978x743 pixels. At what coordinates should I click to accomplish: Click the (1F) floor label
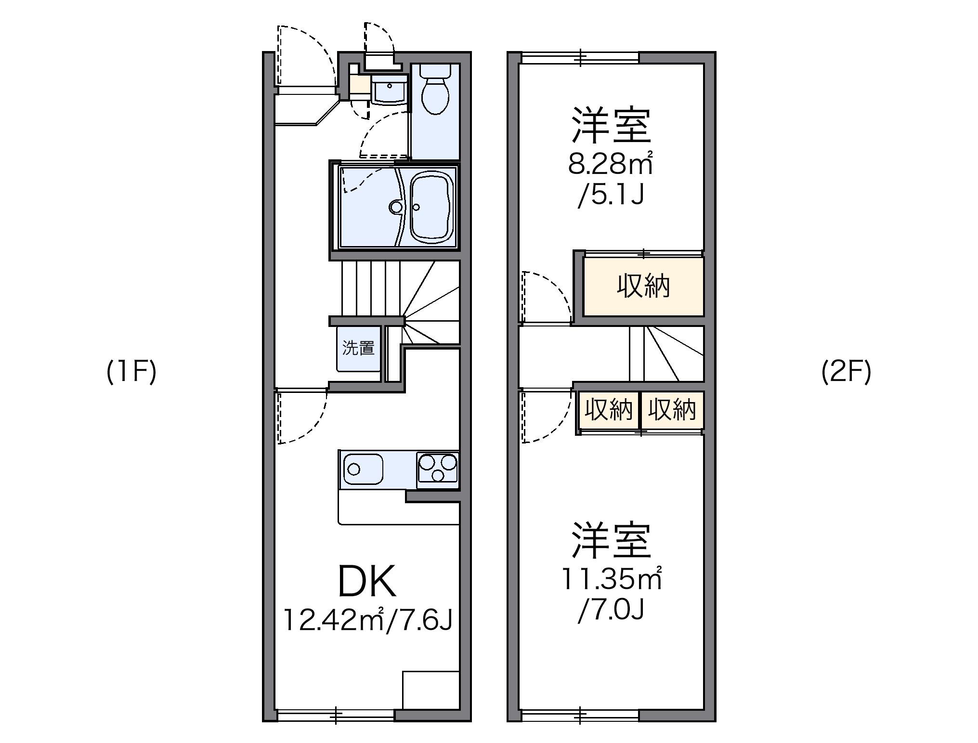131,372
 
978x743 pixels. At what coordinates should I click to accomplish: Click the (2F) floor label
846,372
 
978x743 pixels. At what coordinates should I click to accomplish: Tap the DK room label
367,581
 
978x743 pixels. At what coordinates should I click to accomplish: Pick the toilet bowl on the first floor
435,91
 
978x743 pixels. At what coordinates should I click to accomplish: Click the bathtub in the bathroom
433,207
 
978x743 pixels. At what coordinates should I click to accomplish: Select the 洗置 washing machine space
359,348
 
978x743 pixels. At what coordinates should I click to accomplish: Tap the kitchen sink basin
363,469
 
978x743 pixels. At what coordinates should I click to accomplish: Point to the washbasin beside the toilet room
389,90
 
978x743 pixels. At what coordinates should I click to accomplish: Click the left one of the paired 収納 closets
609,410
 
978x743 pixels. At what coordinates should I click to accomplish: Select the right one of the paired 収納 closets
672,410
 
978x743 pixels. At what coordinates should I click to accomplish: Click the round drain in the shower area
396,207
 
